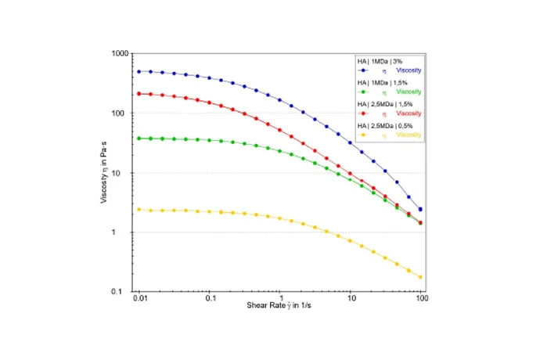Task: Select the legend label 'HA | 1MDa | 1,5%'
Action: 380,82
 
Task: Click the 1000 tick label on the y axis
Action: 119,53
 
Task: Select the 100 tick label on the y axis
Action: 121,113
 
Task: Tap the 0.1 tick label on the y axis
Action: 122,292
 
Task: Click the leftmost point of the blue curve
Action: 139,71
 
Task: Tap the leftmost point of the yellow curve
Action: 139,209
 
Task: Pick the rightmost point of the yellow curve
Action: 421,277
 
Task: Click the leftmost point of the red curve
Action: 139,94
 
